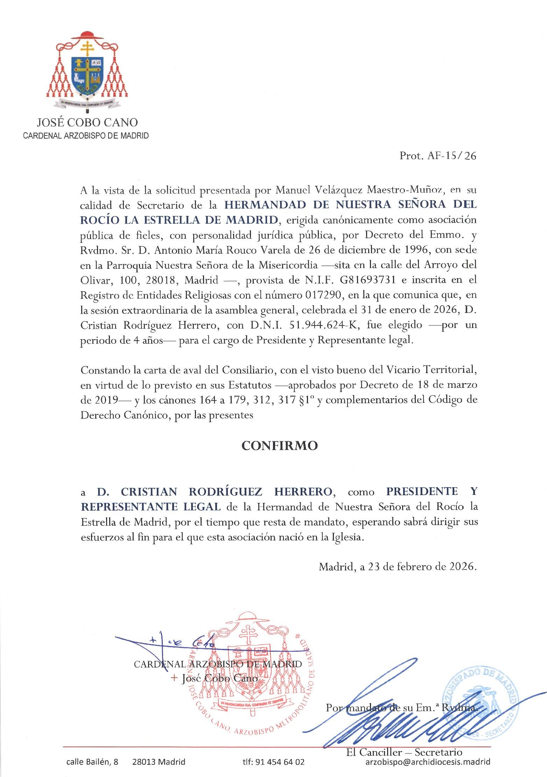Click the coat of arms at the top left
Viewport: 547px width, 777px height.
click(87, 72)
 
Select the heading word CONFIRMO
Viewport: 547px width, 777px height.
click(280, 446)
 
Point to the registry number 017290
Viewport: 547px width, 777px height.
click(323, 295)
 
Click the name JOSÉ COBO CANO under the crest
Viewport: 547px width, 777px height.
click(87, 122)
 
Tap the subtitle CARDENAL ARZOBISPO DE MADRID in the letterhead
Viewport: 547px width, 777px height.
click(86, 135)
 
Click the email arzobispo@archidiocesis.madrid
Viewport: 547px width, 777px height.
click(428, 762)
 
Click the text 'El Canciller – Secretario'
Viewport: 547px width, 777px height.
click(404, 751)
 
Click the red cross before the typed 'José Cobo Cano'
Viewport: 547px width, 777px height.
click(174, 678)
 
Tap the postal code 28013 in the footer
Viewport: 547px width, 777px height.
click(143, 762)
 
